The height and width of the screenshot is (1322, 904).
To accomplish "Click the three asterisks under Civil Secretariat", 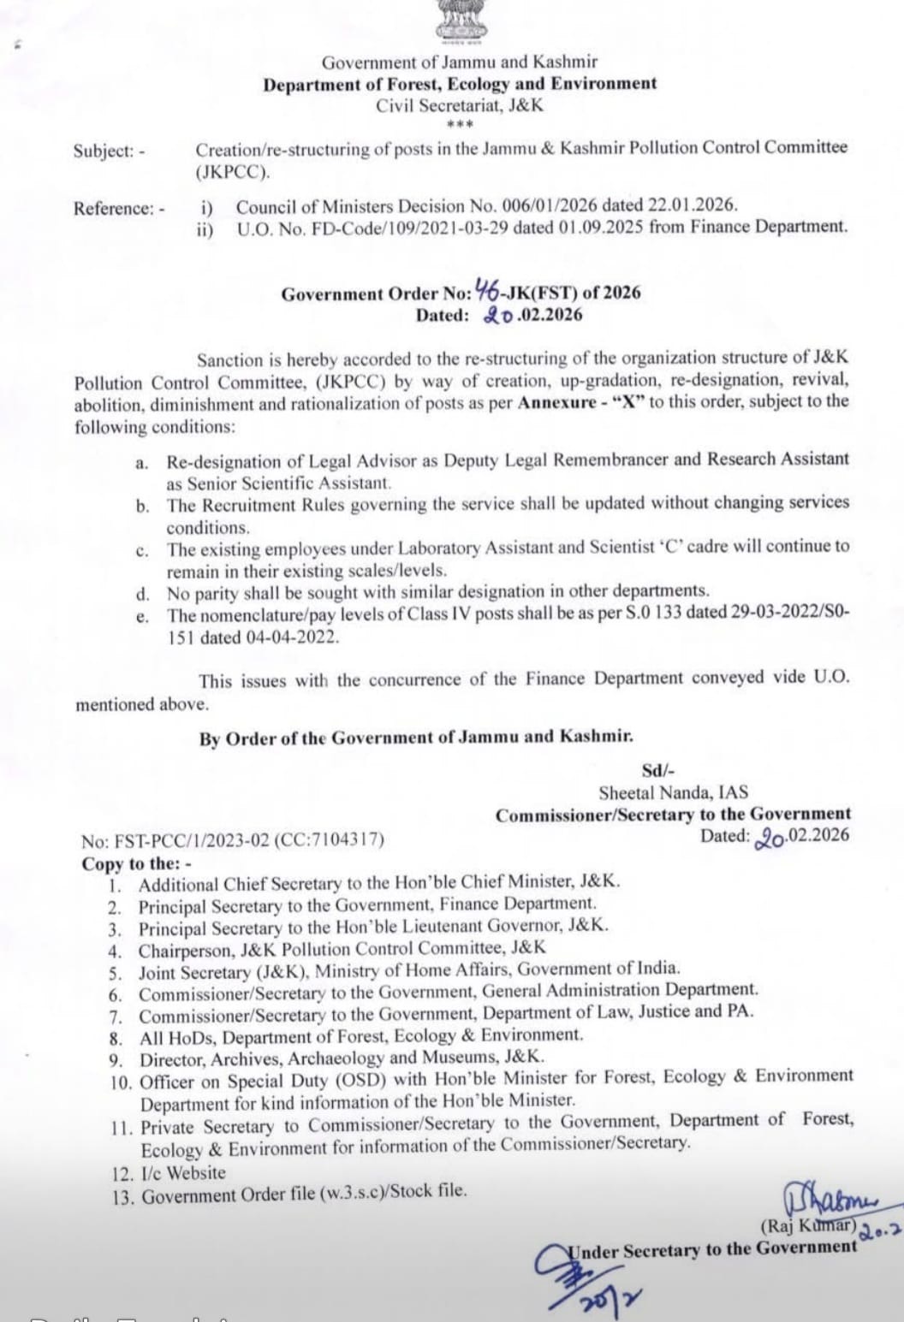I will pyautogui.click(x=460, y=126).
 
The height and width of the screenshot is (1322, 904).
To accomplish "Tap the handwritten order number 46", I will pyautogui.click(x=486, y=292).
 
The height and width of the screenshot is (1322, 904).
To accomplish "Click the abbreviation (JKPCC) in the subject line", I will pyautogui.click(x=232, y=171).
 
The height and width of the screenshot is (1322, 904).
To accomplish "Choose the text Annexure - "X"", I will pyautogui.click(x=580, y=402).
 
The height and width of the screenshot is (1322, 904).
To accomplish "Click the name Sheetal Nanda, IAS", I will pyautogui.click(x=673, y=793).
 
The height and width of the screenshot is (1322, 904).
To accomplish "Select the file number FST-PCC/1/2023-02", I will pyautogui.click(x=187, y=839).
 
